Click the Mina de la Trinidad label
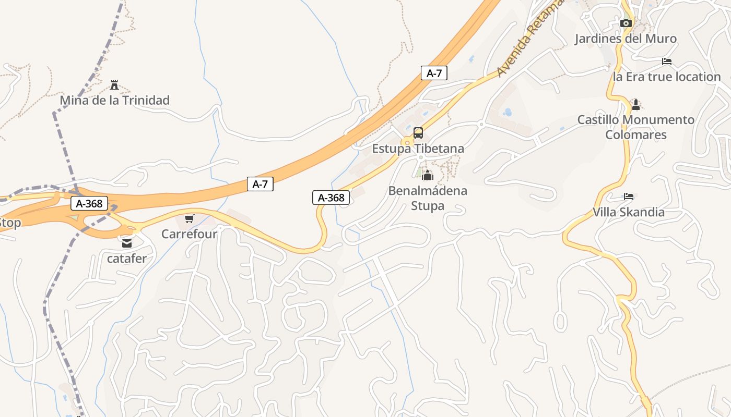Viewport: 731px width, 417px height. click(x=114, y=100)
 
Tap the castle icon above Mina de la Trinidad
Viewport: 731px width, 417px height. click(x=114, y=85)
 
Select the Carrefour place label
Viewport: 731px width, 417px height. click(x=189, y=234)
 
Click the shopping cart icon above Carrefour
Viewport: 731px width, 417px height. click(x=189, y=219)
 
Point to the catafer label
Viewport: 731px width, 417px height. click(x=127, y=258)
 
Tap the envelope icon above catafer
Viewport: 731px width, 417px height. click(x=127, y=243)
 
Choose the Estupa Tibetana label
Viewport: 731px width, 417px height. click(x=418, y=149)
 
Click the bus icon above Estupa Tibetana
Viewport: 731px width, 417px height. click(x=418, y=133)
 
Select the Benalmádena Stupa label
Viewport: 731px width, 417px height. click(x=428, y=198)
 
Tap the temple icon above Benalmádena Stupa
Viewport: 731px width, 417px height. click(x=428, y=176)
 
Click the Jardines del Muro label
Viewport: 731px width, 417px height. click(x=626, y=39)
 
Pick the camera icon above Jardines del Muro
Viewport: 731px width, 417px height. click(x=626, y=23)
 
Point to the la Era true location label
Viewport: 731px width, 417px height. click(x=666, y=77)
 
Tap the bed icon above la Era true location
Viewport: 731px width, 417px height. click(x=666, y=62)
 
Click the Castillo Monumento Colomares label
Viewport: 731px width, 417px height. click(x=635, y=127)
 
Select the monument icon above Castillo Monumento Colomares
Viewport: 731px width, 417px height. click(x=635, y=105)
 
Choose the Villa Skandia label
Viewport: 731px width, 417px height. click(x=628, y=212)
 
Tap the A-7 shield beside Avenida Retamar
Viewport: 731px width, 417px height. click(x=434, y=73)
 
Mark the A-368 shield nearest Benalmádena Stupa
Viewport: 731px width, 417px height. click(x=331, y=198)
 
